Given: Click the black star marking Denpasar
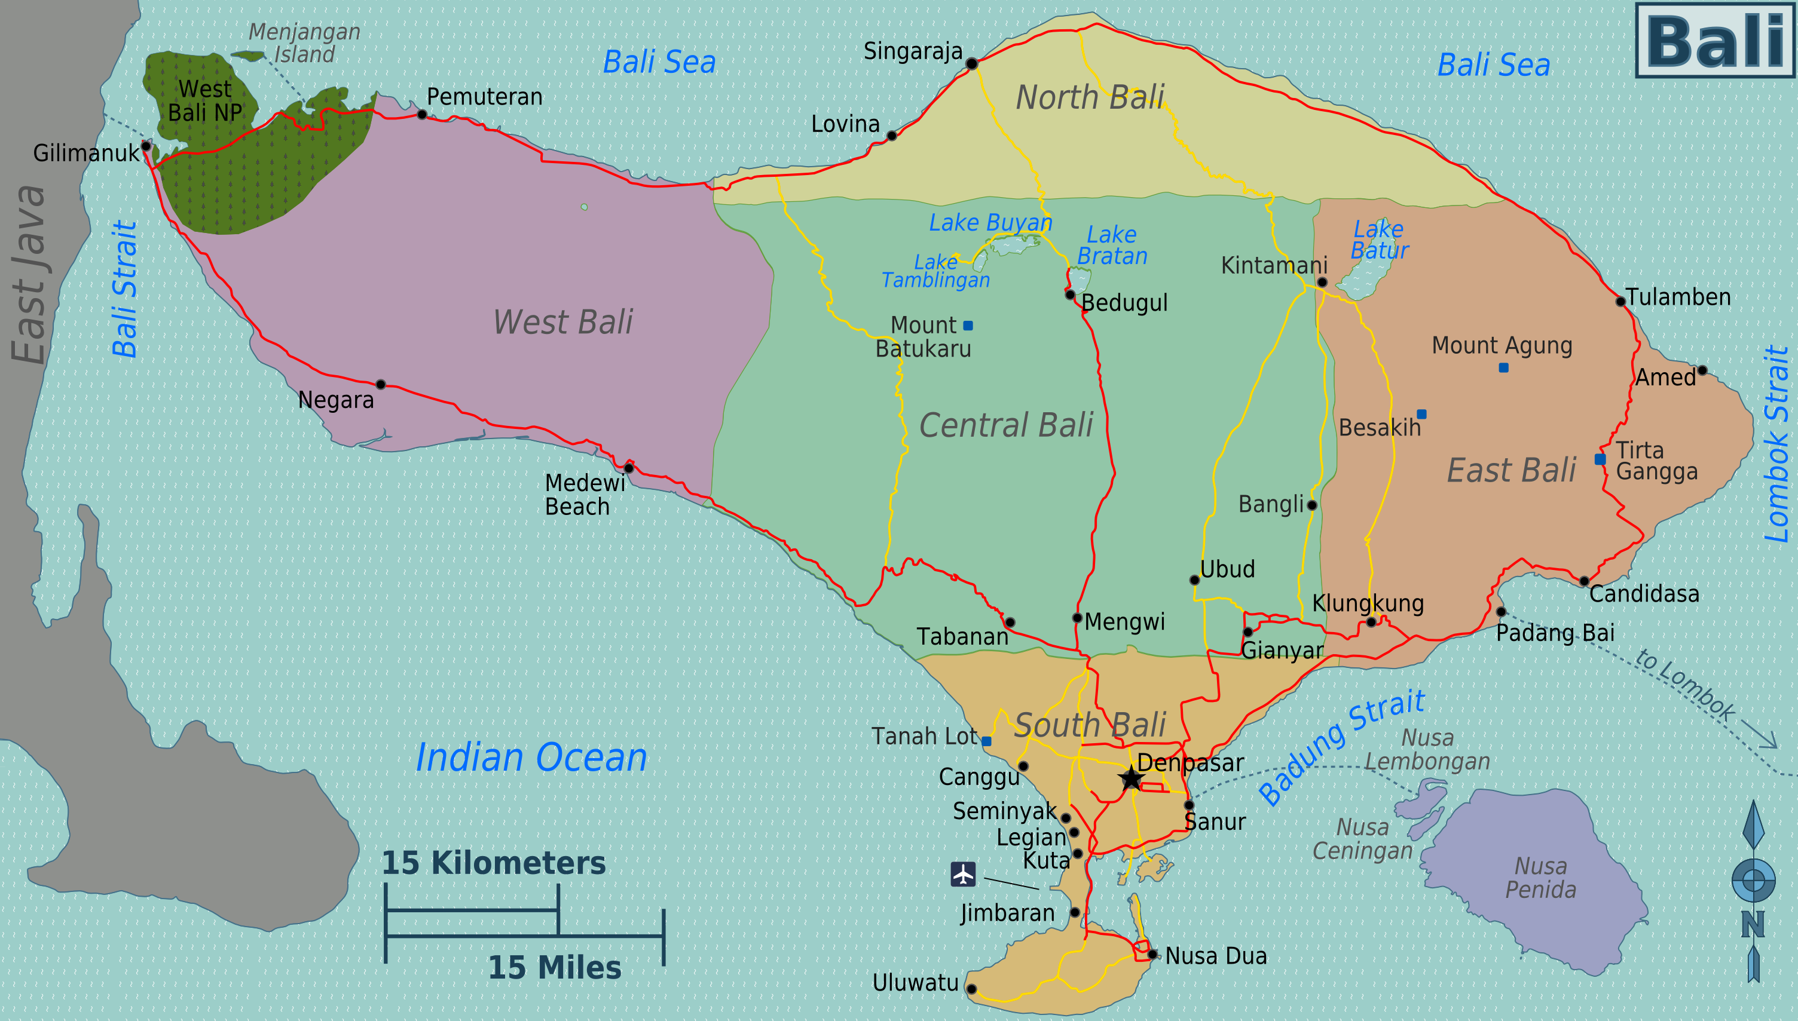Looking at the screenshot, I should click(1131, 778).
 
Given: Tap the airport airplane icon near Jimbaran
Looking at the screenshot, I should click(963, 875).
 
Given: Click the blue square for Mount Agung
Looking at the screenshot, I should click(1503, 367).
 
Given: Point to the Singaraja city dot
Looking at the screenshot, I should click(971, 64).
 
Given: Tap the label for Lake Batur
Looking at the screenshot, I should click(1379, 240).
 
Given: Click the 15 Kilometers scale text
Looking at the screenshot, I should click(493, 863).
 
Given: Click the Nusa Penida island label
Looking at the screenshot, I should click(1540, 877).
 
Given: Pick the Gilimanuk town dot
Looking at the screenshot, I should click(146, 146).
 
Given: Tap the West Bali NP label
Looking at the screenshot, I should click(205, 101).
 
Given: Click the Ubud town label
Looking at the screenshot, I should click(1227, 569).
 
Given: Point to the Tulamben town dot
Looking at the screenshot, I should click(1620, 302).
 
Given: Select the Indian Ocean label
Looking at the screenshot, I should click(531, 758).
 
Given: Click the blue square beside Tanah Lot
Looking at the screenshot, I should click(986, 740).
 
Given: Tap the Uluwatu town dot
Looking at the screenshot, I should click(971, 989).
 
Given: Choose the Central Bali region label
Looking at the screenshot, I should click(1006, 425).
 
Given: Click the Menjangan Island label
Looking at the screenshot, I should click(304, 43).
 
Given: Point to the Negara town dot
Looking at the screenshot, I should click(380, 384).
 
